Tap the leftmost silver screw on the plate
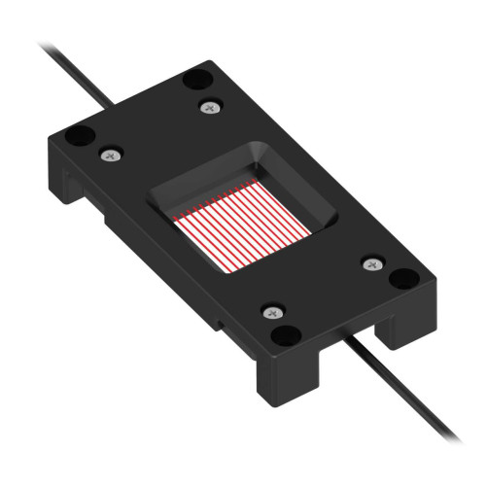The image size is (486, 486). tap(110, 154)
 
